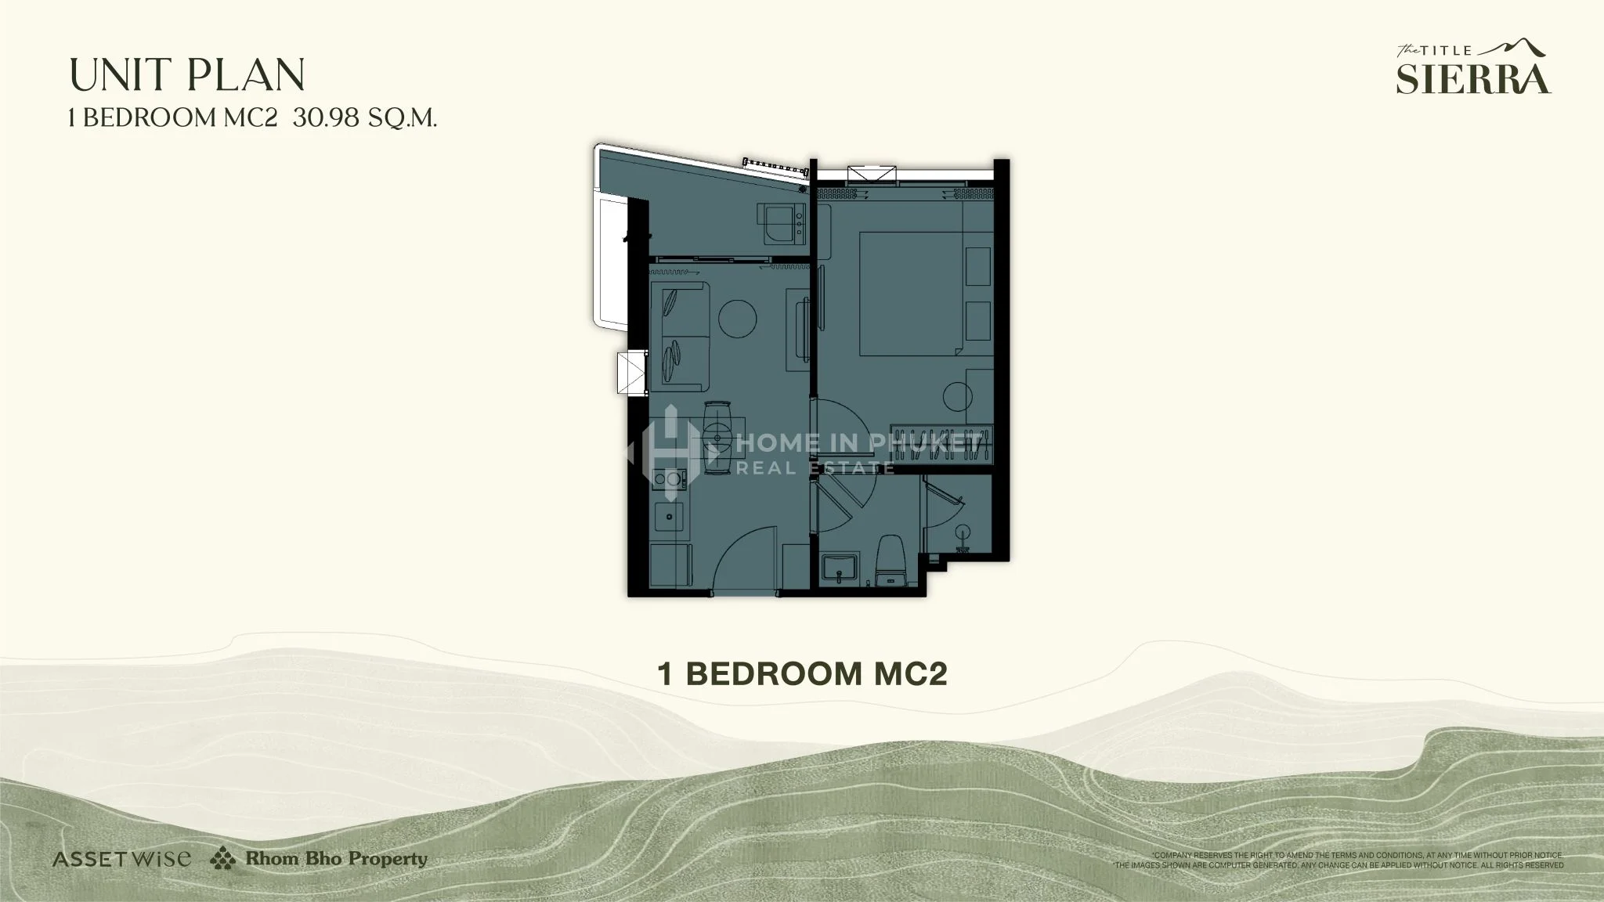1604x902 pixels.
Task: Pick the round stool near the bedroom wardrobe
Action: point(957,395)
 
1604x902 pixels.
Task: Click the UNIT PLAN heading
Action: point(187,75)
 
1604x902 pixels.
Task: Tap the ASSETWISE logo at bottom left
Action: point(121,859)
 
